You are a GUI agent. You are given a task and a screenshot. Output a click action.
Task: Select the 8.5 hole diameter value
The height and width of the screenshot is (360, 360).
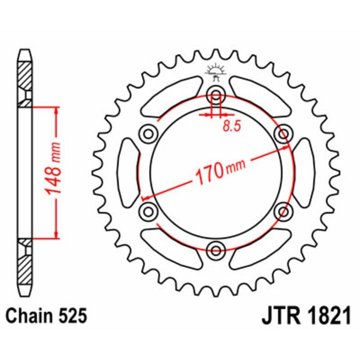[x=232, y=126]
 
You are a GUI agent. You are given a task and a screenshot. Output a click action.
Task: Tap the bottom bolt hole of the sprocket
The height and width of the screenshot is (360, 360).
[x=216, y=249]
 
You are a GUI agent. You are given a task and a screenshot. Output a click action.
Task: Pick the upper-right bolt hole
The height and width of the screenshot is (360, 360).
[x=283, y=134]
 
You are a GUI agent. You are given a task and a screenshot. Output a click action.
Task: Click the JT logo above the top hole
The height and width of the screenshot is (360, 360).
[x=216, y=72]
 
